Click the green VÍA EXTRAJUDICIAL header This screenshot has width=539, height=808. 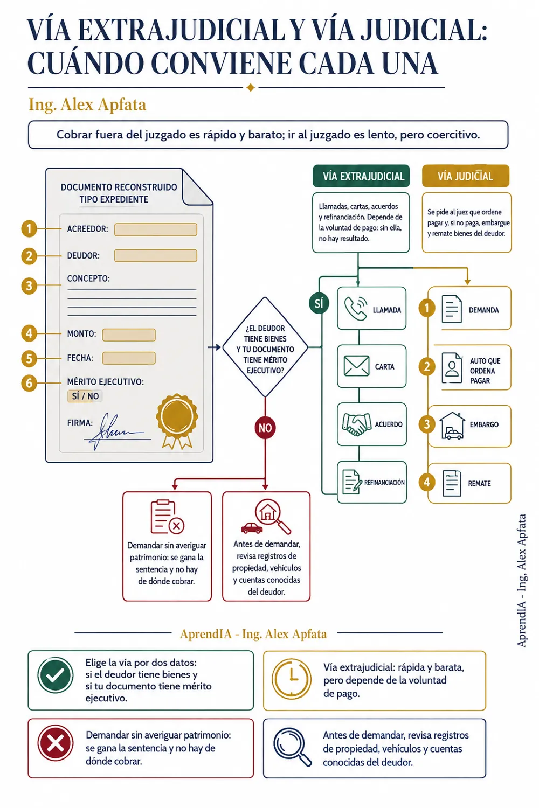(x=361, y=176)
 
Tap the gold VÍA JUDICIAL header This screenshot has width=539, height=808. (x=465, y=176)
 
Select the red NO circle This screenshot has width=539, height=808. (x=265, y=428)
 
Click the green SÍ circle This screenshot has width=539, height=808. (x=319, y=303)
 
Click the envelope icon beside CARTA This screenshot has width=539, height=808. (x=356, y=366)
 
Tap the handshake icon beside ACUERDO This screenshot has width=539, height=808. (x=357, y=424)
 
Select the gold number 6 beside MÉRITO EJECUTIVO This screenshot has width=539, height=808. (x=29, y=383)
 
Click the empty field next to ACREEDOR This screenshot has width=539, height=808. (x=156, y=229)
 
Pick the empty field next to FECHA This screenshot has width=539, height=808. (x=129, y=358)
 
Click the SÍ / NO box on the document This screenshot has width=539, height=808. (x=85, y=396)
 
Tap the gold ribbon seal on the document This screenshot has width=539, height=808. (x=177, y=421)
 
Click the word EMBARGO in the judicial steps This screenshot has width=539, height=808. (x=484, y=424)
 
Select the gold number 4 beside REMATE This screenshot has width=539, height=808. (x=427, y=482)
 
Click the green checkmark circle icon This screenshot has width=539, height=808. (x=55, y=675)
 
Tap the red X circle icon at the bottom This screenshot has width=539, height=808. (x=55, y=743)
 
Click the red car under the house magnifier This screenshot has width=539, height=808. (x=252, y=528)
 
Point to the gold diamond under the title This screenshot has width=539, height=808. (x=251, y=88)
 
